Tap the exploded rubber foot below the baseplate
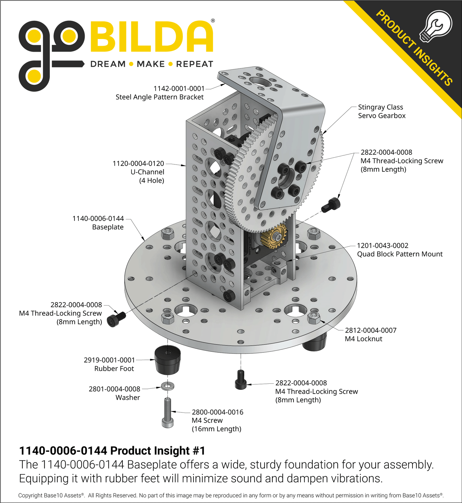[x=168, y=360]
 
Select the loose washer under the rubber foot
[x=168, y=386]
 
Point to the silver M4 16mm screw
[x=168, y=413]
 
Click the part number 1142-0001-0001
[x=179, y=89]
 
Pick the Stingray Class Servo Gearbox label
[x=382, y=111]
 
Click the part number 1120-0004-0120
[x=138, y=163]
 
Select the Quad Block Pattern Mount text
[x=400, y=254]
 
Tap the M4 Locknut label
[x=364, y=339]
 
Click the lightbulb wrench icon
[x=436, y=26]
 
